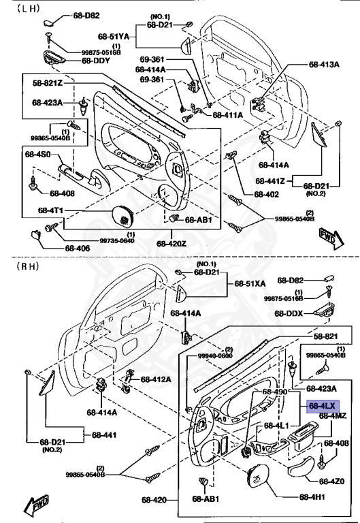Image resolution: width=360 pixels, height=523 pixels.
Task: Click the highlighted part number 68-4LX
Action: (x=323, y=407)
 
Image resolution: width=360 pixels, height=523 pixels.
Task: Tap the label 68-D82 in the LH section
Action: (x=86, y=16)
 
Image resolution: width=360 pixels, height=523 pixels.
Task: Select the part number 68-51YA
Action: (x=114, y=36)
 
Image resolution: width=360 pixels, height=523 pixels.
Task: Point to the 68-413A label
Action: (x=324, y=65)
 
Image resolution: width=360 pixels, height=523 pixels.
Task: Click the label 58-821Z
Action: (x=48, y=82)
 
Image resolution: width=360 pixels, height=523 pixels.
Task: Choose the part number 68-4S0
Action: (x=37, y=154)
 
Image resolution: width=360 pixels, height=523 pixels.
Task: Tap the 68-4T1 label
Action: (x=50, y=210)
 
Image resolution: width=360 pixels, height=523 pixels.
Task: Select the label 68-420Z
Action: (x=171, y=244)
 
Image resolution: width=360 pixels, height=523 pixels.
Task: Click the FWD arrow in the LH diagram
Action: (x=331, y=238)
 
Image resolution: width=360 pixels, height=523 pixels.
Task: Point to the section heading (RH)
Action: (x=28, y=266)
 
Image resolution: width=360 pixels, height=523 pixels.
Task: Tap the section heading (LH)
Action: (x=29, y=9)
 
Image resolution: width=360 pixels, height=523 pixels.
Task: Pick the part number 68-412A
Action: (x=156, y=379)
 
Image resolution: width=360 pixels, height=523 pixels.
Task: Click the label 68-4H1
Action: (x=312, y=497)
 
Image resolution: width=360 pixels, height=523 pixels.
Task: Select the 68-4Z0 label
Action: (x=331, y=481)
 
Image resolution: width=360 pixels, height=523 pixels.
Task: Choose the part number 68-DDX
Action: (x=289, y=313)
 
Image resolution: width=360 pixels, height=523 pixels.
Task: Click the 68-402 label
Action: (x=266, y=194)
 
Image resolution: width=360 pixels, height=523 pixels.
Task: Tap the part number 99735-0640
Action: (x=117, y=241)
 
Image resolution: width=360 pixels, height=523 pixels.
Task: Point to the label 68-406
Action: (x=78, y=248)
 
